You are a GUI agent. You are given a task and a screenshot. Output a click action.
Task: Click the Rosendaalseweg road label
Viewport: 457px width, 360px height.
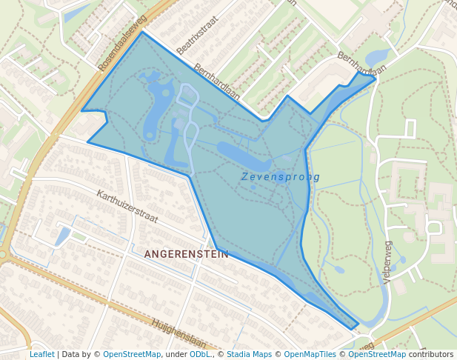tap(123, 42)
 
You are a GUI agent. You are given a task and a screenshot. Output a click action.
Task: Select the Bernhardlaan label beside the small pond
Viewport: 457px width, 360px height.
tap(362, 66)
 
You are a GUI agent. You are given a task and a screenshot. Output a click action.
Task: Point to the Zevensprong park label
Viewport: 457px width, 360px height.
tap(281, 177)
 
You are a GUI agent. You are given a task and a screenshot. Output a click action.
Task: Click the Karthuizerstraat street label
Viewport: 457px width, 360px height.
tap(127, 207)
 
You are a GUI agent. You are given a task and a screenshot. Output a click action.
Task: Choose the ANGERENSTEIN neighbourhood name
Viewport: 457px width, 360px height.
tap(186, 253)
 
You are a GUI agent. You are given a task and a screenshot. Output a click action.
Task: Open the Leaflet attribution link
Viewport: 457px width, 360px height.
tap(41, 354)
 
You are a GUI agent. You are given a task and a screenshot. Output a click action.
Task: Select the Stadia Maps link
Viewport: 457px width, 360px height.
tap(249, 354)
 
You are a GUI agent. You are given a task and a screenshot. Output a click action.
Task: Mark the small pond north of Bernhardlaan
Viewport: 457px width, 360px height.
tap(378, 56)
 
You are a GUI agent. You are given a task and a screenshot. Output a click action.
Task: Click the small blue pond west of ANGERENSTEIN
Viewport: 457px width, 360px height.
tap(63, 236)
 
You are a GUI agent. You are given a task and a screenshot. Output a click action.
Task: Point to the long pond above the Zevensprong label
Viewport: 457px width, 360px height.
tap(244, 156)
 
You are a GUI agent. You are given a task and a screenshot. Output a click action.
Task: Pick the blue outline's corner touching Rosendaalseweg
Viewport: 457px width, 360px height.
tap(141, 32)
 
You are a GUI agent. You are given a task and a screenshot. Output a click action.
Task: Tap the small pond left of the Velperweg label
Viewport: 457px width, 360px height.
tap(338, 269)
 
